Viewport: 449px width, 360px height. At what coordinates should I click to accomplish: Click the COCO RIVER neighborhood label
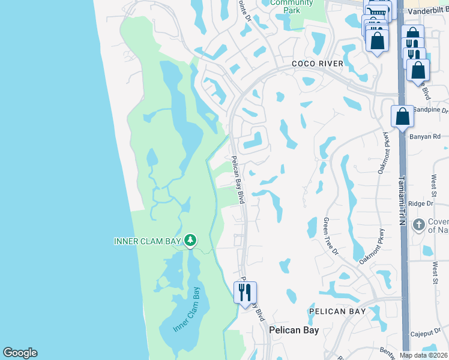[318, 64]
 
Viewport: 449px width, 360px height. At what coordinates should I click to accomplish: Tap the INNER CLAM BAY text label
[147, 241]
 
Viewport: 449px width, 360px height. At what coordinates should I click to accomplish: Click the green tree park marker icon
[190, 241]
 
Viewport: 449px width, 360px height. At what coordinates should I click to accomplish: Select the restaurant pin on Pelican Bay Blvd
[245, 293]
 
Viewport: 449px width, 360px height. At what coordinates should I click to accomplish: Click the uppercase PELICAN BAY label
[337, 312]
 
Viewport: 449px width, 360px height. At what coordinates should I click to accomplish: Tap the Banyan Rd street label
[425, 137]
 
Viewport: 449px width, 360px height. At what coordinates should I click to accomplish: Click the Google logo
[20, 353]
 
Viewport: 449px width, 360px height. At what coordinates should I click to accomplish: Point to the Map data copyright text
[424, 355]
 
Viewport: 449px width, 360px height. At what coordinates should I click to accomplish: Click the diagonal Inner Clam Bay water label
[187, 310]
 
